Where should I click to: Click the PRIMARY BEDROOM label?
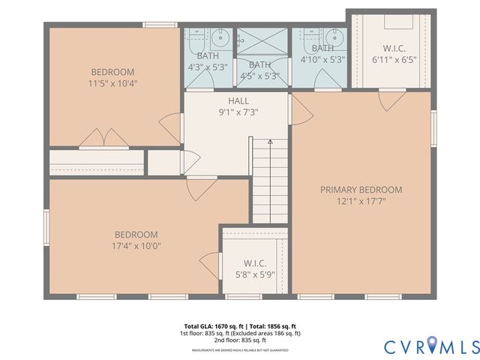361,190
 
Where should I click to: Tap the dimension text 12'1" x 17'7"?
361,201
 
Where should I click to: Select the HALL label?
238,100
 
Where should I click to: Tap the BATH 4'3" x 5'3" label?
208,61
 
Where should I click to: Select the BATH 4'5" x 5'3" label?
259,70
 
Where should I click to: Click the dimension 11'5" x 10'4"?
112,84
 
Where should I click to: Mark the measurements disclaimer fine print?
240,350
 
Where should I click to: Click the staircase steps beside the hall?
269,184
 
